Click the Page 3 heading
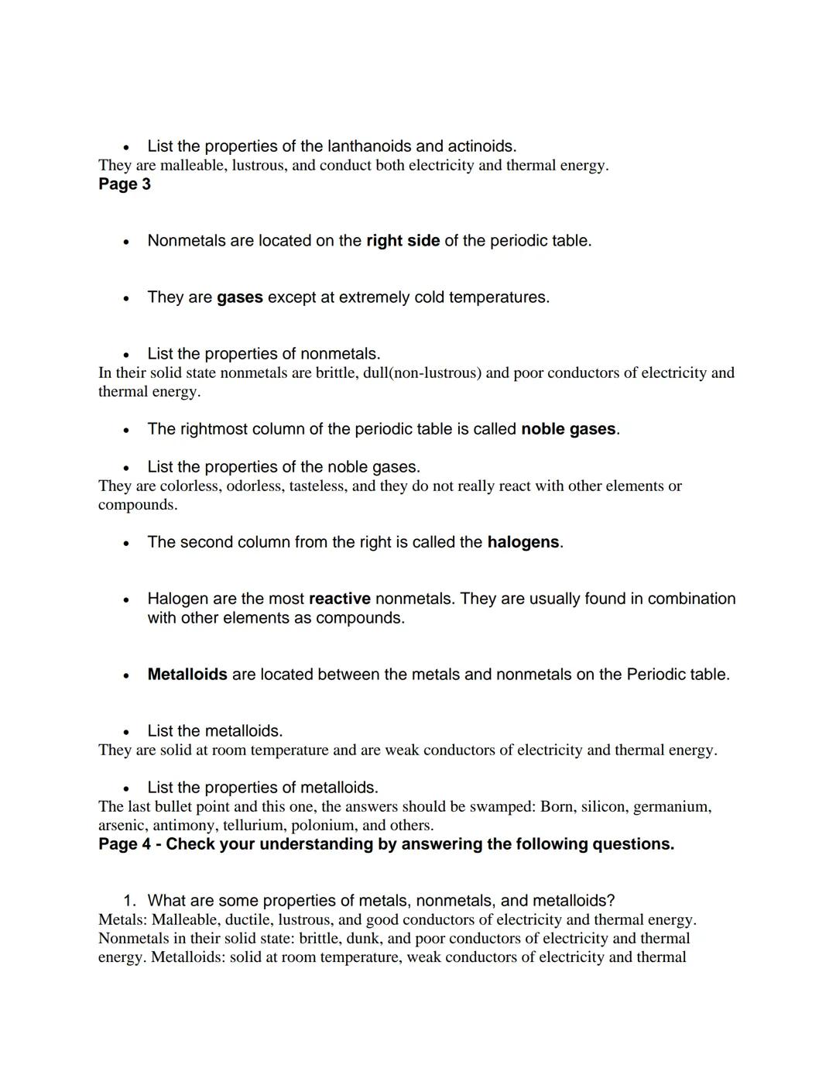click(x=124, y=184)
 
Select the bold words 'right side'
click(x=403, y=241)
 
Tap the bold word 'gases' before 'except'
click(x=239, y=297)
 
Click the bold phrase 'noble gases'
click(x=568, y=429)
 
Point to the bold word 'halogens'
click(x=522, y=542)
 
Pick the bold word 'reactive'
click(x=339, y=599)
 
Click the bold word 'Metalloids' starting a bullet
click(x=187, y=675)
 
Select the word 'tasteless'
click(x=316, y=486)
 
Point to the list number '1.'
click(x=130, y=901)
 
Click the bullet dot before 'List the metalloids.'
click(x=125, y=732)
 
